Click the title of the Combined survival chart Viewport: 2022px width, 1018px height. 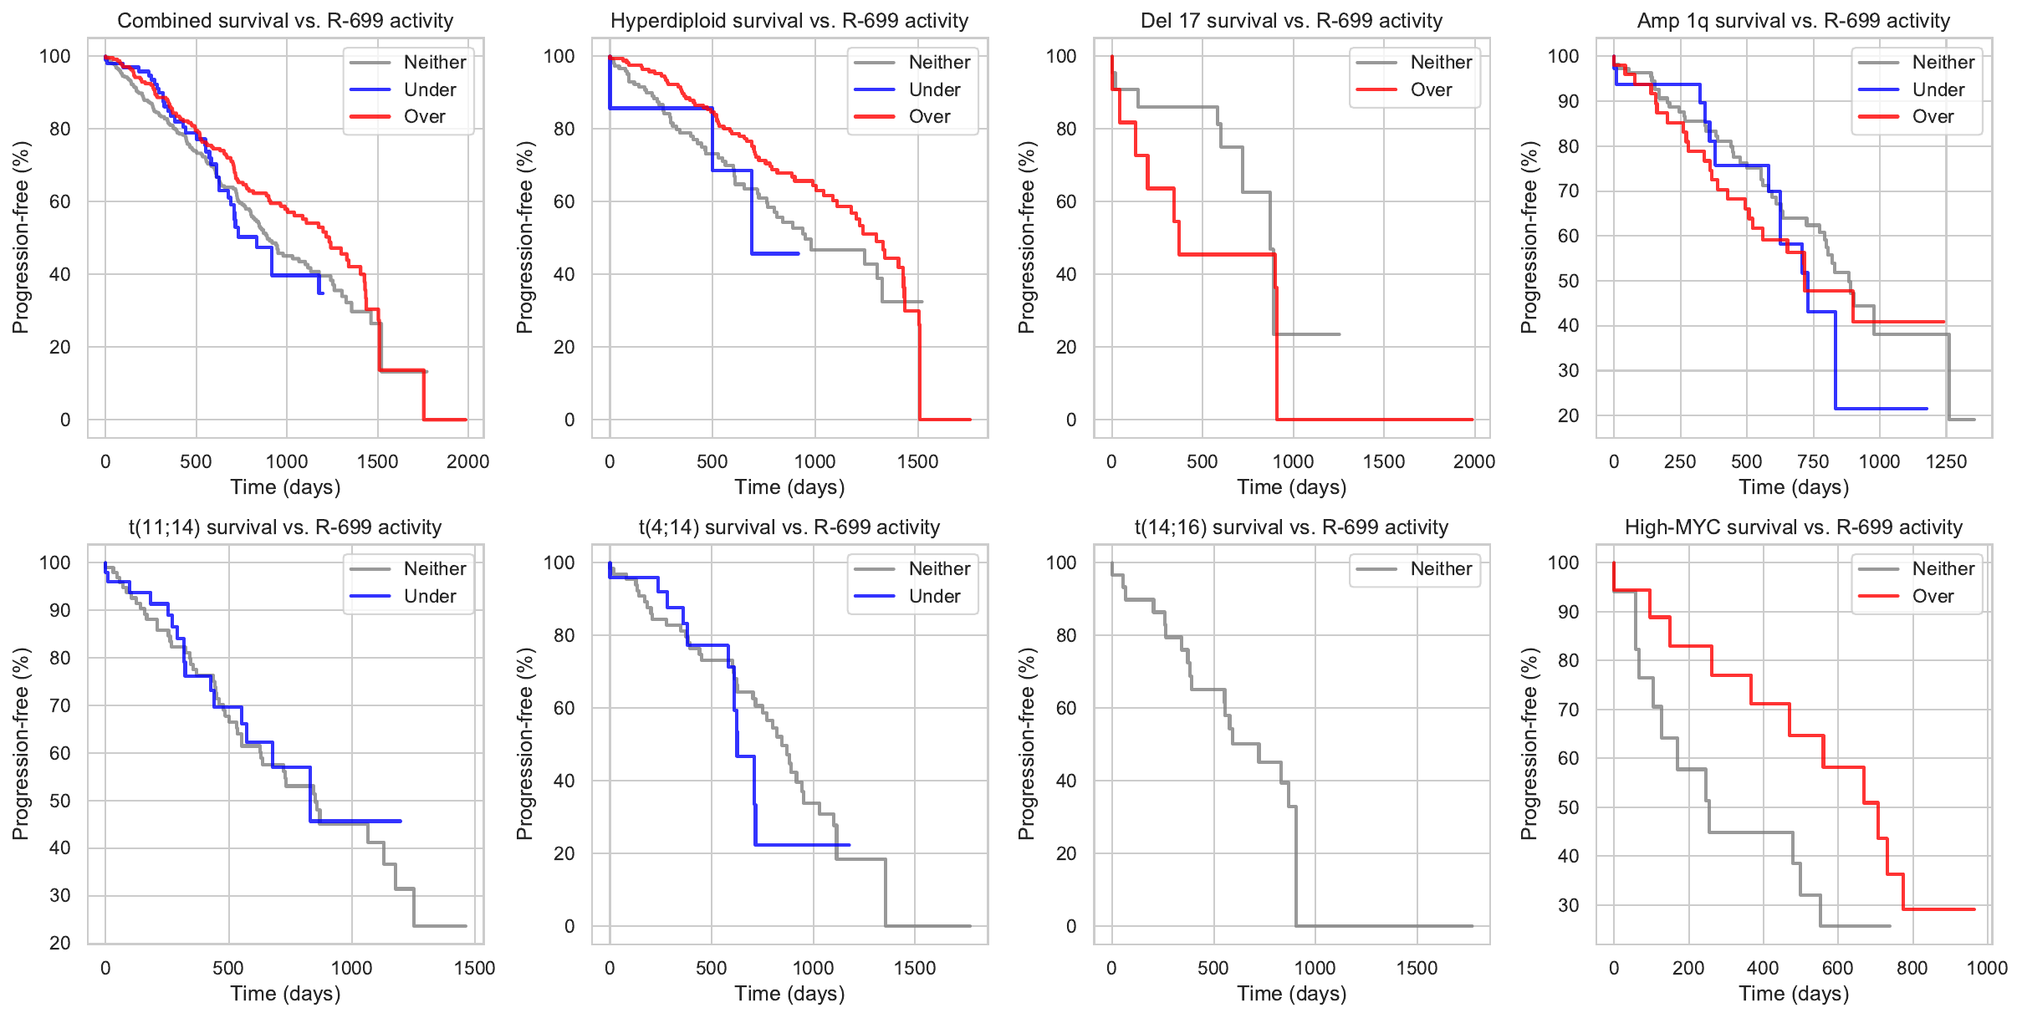click(285, 21)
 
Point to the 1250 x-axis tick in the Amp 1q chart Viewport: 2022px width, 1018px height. click(1946, 461)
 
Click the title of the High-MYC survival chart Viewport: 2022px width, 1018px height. click(1793, 527)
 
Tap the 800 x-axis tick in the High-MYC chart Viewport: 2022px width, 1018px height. click(1912, 968)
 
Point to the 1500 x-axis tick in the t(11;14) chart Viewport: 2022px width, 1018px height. click(474, 968)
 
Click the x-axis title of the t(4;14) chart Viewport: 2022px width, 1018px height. click(789, 994)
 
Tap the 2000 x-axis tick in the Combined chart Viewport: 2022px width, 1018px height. click(467, 461)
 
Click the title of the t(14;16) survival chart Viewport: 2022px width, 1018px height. click(1291, 527)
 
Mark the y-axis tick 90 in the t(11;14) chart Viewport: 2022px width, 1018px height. click(60, 610)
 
